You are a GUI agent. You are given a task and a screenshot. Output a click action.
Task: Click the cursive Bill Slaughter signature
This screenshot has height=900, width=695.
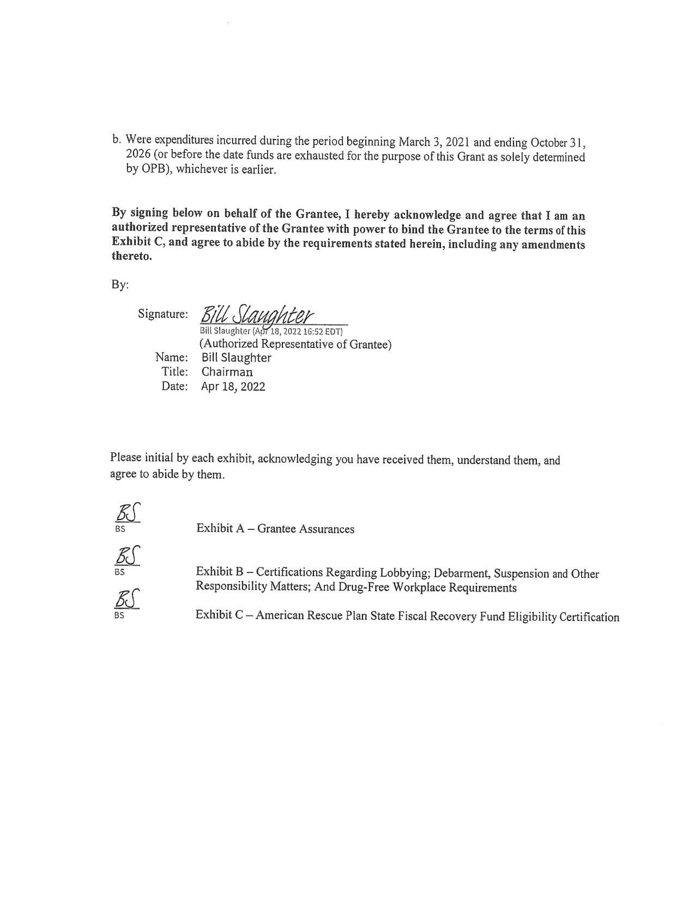[257, 315]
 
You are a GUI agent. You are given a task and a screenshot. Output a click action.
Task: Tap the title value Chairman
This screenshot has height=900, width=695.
[227, 372]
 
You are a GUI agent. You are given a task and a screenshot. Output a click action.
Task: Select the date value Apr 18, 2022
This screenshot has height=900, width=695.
[233, 386]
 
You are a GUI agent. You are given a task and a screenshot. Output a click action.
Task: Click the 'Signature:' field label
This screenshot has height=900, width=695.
[163, 314]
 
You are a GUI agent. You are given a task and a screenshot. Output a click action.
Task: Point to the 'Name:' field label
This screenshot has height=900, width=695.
[172, 358]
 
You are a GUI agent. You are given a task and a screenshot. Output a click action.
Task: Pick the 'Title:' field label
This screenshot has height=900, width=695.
[174, 372]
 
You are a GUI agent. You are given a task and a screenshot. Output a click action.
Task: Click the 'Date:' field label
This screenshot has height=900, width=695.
[174, 386]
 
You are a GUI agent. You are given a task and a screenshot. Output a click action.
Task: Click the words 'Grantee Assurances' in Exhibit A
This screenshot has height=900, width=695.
[306, 529]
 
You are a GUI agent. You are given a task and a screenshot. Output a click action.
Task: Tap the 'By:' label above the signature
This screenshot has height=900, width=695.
[119, 285]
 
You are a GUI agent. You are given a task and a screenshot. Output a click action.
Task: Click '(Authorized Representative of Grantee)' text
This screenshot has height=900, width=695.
[295, 344]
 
